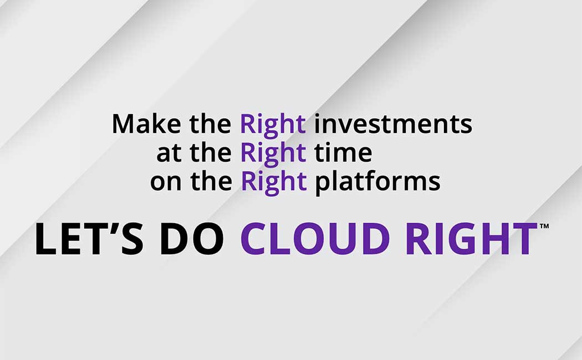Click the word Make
coord(146,124)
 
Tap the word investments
coord(393,124)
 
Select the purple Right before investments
coord(273,126)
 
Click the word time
coord(343,152)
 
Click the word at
coord(169,153)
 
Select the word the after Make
coord(211,124)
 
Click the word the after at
coord(211,152)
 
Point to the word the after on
coord(212,181)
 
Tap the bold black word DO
coord(192,239)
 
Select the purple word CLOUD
coord(315,239)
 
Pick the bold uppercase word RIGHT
coord(471,239)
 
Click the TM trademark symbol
coord(544,226)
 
